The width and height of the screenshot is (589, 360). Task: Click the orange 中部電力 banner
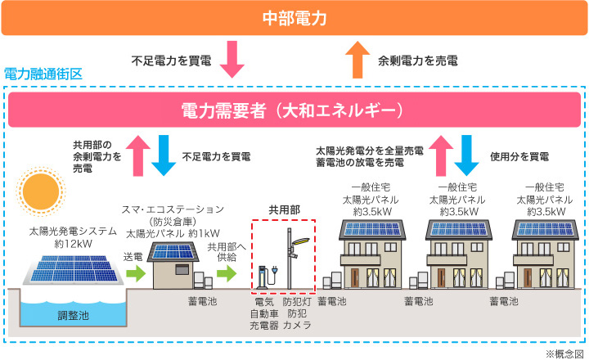[294, 18]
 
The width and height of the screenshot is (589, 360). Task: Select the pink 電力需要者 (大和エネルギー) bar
[294, 110]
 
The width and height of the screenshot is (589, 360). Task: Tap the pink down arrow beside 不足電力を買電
[232, 59]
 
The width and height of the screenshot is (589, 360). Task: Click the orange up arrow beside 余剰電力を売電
[357, 60]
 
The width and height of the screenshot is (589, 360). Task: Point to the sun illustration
[41, 191]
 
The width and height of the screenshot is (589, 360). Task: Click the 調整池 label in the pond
[74, 315]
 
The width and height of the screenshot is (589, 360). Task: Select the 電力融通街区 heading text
[43, 74]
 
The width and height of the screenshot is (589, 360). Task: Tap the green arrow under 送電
[136, 273]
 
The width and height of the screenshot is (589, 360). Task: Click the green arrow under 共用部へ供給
[227, 273]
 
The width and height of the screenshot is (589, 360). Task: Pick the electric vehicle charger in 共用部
[267, 277]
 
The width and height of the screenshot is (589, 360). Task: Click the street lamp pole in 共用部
[290, 259]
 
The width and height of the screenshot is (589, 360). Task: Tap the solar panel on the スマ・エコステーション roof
[173, 252]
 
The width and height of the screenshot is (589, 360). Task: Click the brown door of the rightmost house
[528, 278]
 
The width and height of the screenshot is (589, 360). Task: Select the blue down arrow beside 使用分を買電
[466, 155]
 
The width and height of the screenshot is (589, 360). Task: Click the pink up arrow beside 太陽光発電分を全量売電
[441, 155]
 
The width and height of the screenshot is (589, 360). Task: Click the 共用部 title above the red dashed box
[285, 209]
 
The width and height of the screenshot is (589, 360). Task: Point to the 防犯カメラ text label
[297, 319]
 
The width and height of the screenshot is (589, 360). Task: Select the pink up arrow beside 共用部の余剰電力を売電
[138, 155]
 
